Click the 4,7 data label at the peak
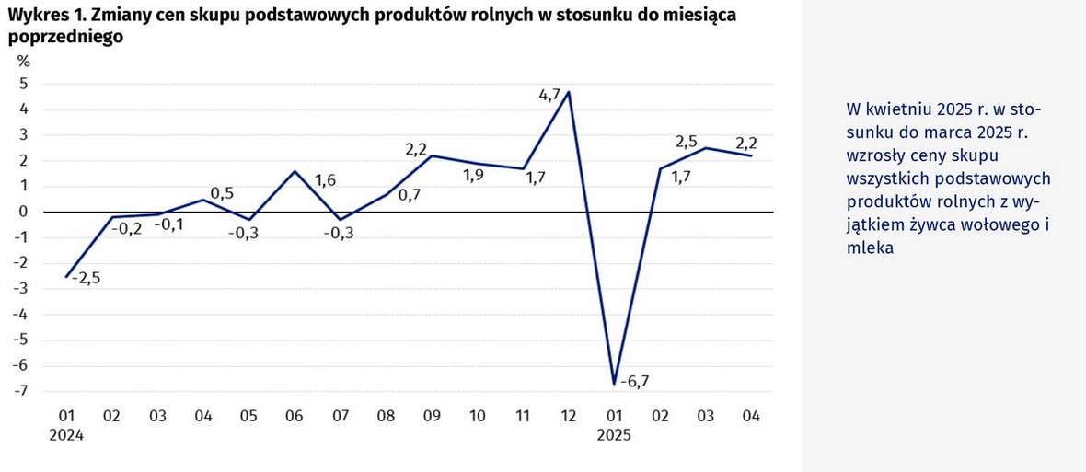[549, 94]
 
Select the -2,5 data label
[84, 278]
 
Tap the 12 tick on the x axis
[569, 417]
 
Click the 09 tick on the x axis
[432, 417]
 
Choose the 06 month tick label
[295, 417]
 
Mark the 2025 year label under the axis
[614, 436]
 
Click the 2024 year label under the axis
[66, 436]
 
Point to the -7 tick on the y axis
[23, 391]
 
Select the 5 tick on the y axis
[24, 84]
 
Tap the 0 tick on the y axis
[24, 212]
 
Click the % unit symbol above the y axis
[23, 61]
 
